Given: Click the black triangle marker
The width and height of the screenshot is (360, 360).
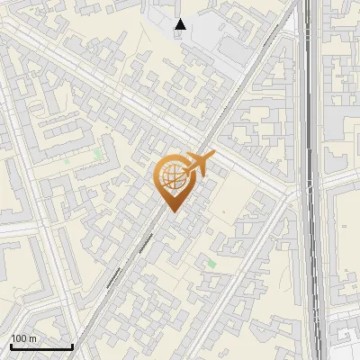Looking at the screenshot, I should [x=181, y=24].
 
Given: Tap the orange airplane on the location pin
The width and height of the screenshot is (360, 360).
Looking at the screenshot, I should [x=197, y=166].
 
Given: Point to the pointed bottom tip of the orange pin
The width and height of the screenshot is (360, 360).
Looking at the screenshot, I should [x=171, y=212].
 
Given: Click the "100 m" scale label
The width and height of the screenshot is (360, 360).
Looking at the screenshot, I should [x=23, y=338].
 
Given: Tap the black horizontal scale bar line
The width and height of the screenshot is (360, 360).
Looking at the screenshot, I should [x=41, y=346].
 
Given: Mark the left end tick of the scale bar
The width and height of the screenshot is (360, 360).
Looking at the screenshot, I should [x=10, y=344].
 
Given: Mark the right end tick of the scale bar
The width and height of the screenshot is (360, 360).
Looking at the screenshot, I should [x=72, y=344].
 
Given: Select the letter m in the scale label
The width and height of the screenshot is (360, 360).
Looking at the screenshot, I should [x=32, y=338].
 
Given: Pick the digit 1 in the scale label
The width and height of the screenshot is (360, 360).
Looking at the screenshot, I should [x=13, y=338].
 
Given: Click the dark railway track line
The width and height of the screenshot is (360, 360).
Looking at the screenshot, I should [x=310, y=180].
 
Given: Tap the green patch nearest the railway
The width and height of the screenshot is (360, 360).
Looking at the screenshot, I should [x=211, y=263].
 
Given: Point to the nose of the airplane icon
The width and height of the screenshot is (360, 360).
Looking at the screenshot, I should [x=214, y=156].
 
